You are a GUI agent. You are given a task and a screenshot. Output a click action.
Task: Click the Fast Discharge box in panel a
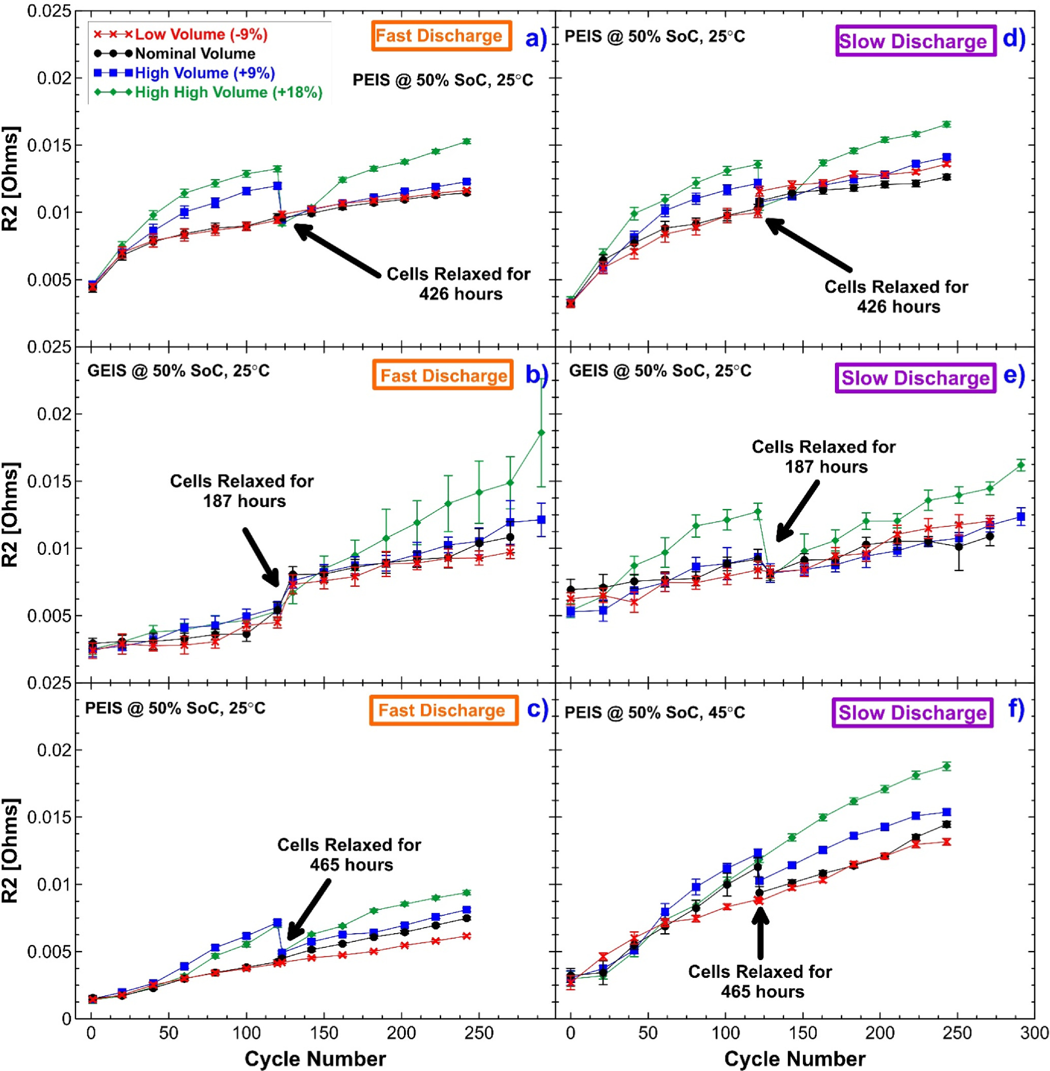point(441,36)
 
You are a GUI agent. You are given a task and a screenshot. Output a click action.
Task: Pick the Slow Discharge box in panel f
point(912,712)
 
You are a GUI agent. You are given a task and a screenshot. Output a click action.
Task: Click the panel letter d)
point(1013,39)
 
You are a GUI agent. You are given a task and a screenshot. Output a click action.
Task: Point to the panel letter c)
point(537,709)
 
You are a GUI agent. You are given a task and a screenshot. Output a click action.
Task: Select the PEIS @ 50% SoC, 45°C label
point(654,712)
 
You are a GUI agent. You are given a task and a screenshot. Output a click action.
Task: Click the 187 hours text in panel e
point(826,467)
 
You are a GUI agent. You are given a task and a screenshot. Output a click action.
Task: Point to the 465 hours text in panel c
point(351,865)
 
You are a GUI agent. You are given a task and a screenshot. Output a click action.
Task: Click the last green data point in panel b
point(541,433)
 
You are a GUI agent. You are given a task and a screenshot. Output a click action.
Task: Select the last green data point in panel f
point(946,766)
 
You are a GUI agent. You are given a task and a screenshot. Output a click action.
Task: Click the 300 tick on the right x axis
point(1035,1033)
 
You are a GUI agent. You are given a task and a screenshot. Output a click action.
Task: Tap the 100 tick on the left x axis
point(246,1033)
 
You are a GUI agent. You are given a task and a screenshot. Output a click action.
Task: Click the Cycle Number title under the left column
point(315,1059)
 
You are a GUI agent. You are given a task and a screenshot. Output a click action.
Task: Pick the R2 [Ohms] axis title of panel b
point(11,514)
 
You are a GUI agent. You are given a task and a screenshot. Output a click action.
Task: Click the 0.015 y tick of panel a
point(50,145)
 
